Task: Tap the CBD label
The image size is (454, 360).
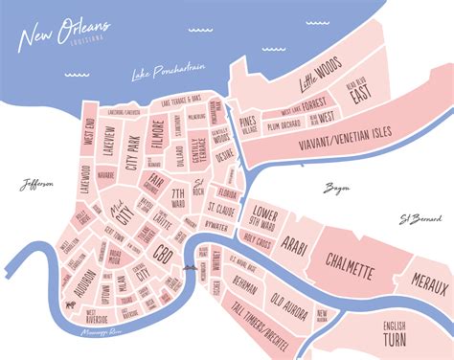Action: click(x=163, y=255)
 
